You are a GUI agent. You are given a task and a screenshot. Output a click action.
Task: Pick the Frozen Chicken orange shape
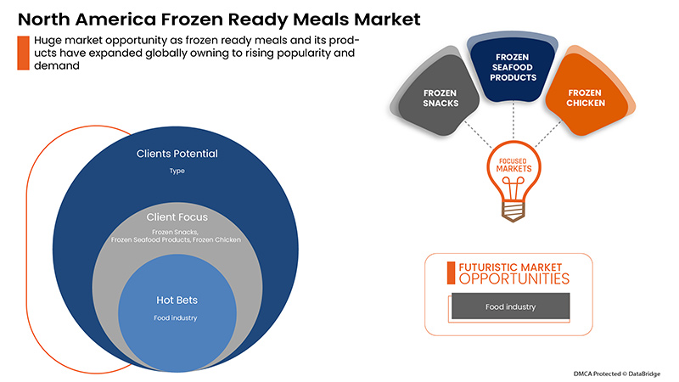585,97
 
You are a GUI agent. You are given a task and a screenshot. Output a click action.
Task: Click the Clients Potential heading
177,154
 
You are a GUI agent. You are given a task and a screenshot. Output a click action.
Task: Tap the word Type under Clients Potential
177,171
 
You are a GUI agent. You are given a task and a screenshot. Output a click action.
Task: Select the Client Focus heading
176,217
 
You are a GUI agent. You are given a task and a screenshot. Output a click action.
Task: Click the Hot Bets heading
176,301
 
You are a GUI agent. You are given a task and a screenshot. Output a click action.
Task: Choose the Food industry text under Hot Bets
176,318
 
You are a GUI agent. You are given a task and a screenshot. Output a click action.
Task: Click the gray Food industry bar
510,306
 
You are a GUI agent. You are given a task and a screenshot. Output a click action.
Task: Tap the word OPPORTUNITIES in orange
513,278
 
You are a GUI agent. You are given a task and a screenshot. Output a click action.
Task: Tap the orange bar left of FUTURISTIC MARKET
452,272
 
